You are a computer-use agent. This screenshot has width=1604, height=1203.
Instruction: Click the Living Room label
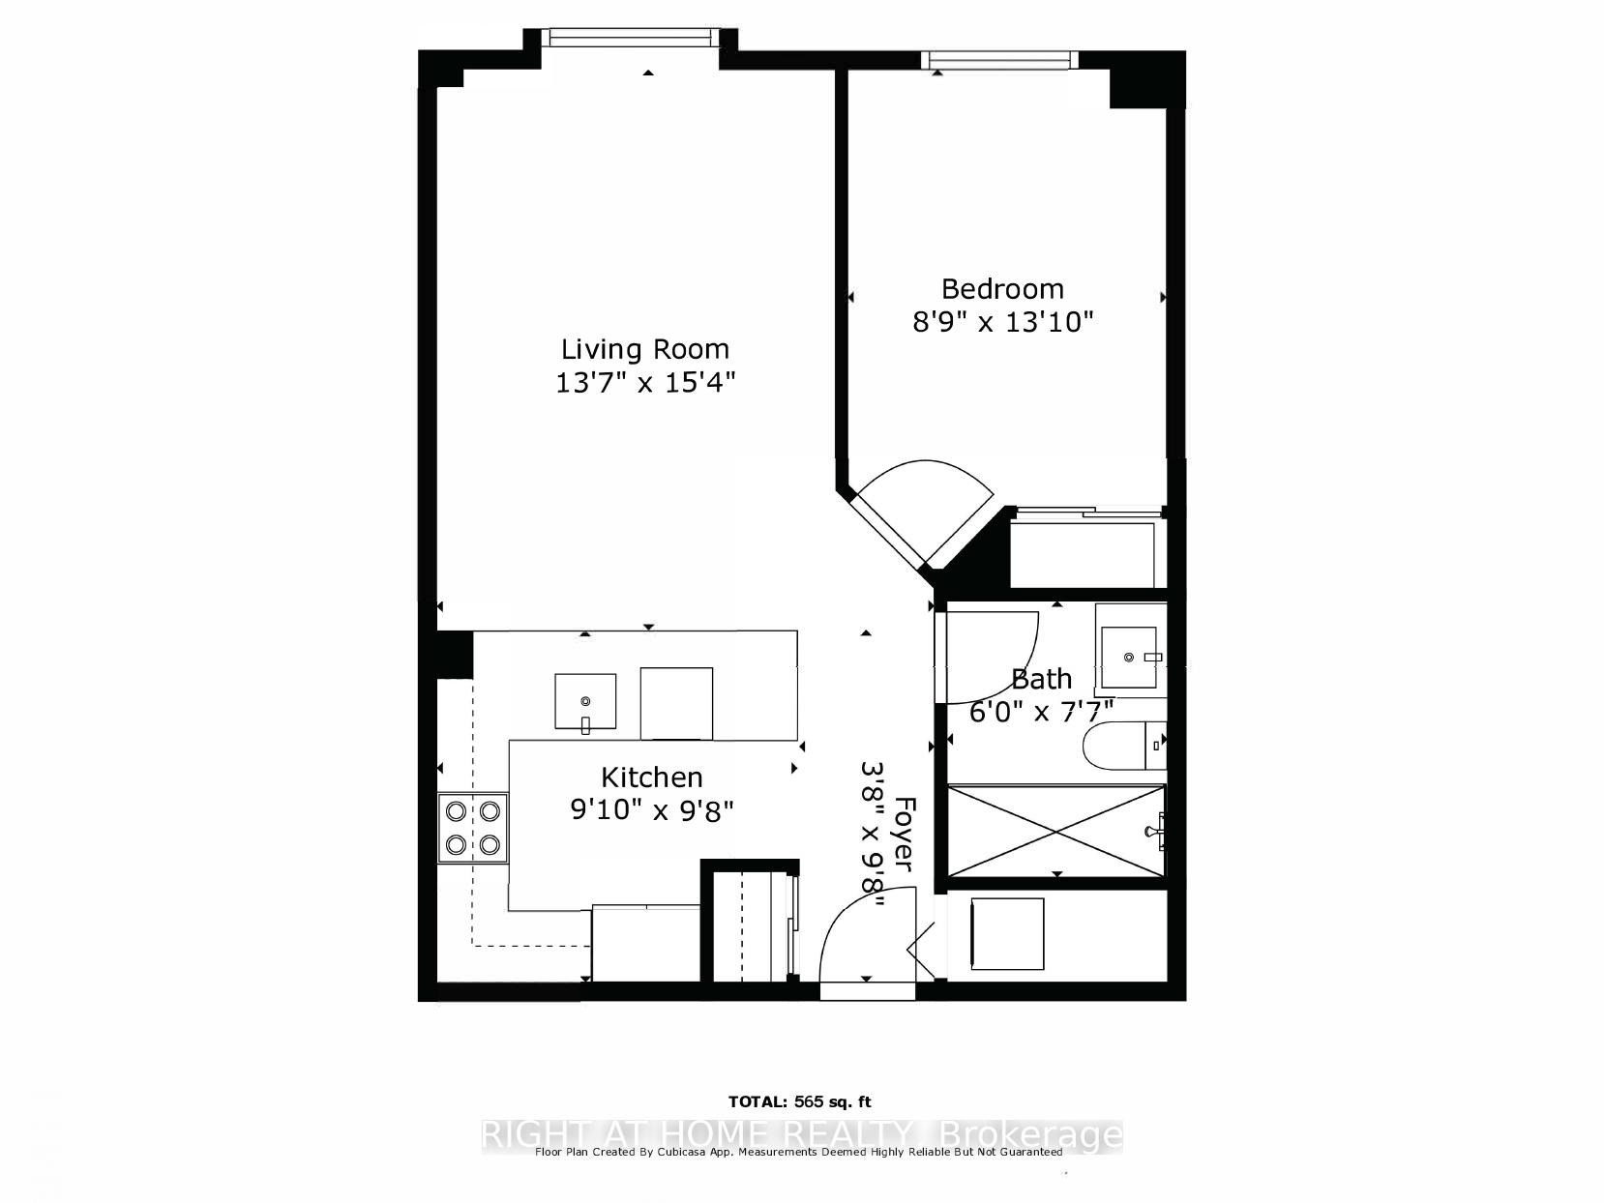645,348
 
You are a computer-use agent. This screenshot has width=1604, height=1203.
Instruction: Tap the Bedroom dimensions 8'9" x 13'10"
1002,321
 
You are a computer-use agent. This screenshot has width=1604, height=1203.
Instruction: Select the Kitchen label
651,777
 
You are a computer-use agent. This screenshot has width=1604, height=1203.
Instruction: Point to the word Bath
1041,678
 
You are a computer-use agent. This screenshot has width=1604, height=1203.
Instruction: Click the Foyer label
905,834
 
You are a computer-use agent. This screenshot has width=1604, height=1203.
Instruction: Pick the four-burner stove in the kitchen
472,828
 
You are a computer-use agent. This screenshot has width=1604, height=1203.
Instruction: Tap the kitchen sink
585,700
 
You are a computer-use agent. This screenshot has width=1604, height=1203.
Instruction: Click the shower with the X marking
1055,832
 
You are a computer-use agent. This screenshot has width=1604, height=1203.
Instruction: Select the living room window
630,38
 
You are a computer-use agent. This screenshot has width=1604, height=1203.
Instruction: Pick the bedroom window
1001,60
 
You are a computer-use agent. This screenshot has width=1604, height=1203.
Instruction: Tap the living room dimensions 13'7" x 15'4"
645,383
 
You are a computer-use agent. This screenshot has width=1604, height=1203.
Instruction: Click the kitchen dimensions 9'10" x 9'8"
652,809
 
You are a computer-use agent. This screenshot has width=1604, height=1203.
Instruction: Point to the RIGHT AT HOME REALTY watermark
801,1134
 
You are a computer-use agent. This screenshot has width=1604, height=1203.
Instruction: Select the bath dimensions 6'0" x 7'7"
1042,712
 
